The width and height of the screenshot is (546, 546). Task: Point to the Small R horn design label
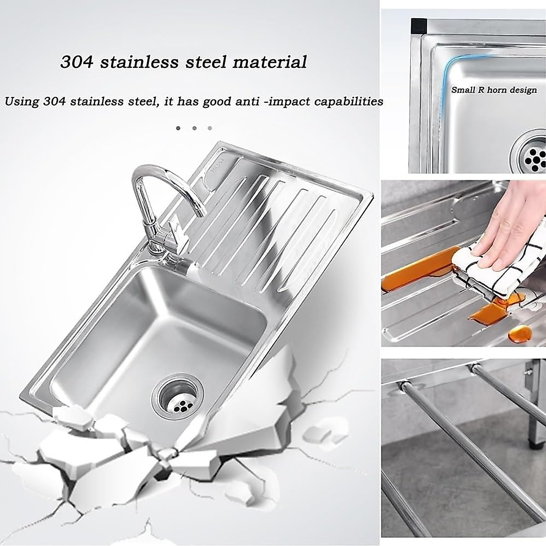coord(494,90)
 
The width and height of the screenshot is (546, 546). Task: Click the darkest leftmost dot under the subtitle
coord(178,128)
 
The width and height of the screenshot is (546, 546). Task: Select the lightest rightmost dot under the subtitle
coord(210,128)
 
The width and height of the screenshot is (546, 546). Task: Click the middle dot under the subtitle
coord(194,128)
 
